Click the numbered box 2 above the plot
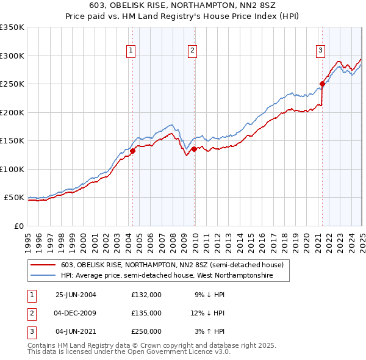192,51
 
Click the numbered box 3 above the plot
320,51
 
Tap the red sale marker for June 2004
132,151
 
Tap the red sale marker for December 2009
194,149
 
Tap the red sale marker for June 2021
322,84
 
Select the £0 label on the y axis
18,226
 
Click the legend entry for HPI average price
166,276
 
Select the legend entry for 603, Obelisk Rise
172,265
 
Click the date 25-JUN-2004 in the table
76,294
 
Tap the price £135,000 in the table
146,313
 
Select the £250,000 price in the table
146,331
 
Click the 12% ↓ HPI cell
208,313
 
